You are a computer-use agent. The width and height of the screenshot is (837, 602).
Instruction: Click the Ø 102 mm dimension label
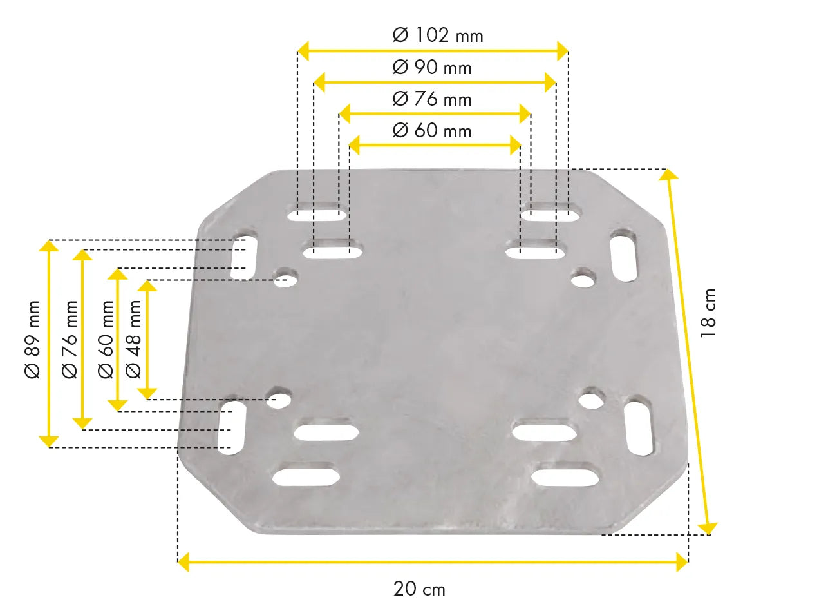tap(438, 35)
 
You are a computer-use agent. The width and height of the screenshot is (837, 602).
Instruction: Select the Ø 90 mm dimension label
tap(432, 67)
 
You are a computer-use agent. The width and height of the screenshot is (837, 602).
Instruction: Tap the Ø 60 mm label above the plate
tap(432, 130)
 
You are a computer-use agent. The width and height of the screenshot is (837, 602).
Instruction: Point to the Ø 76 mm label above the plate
tap(432, 99)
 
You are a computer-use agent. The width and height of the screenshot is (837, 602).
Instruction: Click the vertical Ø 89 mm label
tap(33, 339)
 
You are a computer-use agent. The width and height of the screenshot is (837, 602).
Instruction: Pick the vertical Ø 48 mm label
tap(134, 339)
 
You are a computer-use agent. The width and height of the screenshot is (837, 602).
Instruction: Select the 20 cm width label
tap(419, 588)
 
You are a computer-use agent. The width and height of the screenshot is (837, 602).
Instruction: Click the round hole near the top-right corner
tap(583, 278)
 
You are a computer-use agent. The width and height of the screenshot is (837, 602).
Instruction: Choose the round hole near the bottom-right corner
tap(590, 400)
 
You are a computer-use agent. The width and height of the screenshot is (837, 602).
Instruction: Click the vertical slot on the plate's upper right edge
tap(623, 255)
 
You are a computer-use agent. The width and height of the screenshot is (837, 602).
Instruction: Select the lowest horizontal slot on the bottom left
tap(306, 476)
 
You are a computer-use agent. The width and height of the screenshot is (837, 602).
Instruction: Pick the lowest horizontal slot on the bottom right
tap(566, 476)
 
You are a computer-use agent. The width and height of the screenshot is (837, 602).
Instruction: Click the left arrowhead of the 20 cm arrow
tap(183, 561)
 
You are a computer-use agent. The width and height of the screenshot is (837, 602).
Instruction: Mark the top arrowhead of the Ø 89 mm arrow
tap(49, 246)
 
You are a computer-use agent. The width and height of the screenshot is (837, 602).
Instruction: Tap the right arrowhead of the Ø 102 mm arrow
tap(563, 51)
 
